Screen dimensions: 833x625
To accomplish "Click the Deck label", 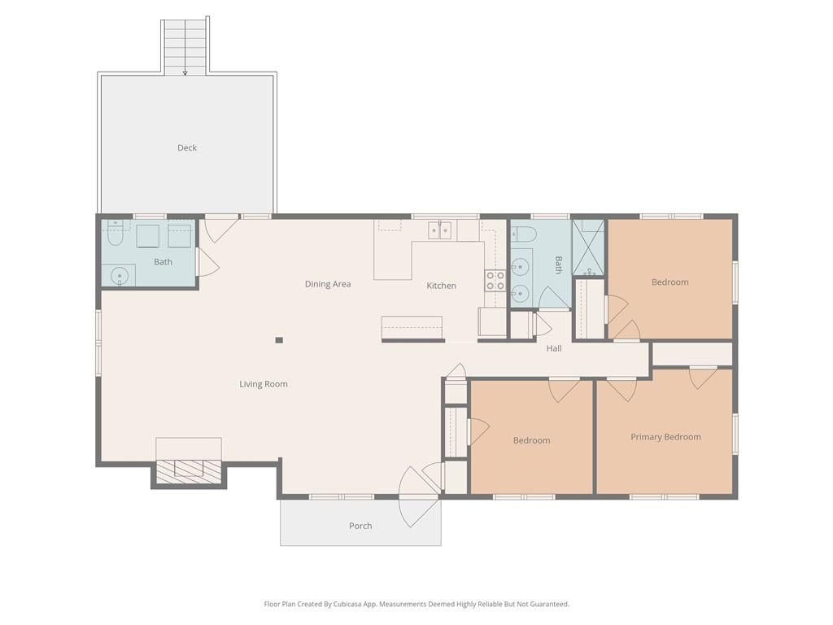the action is click(187, 148).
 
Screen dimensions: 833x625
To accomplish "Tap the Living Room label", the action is click(264, 384).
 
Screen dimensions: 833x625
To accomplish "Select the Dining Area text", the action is click(328, 284).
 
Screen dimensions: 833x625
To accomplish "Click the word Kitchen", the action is click(442, 286).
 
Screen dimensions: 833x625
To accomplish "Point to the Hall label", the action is click(554, 348).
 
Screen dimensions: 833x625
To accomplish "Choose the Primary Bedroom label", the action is click(665, 437).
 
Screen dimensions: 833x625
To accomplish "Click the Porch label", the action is click(360, 526).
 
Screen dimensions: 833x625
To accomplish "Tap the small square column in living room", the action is click(279, 340).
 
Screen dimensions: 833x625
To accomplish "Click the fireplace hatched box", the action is click(189, 472).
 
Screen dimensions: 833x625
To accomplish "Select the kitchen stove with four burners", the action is click(495, 281).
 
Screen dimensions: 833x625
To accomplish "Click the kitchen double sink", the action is click(440, 230).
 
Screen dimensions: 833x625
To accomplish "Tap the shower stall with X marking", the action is click(588, 247).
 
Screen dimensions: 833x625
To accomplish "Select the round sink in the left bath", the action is click(120, 276).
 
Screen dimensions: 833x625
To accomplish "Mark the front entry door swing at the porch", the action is click(420, 497).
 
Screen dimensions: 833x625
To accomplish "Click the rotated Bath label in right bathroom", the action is click(558, 264).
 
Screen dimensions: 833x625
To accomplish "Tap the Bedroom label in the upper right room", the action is click(670, 282).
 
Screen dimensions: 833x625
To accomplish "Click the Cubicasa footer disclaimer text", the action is click(416, 604).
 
